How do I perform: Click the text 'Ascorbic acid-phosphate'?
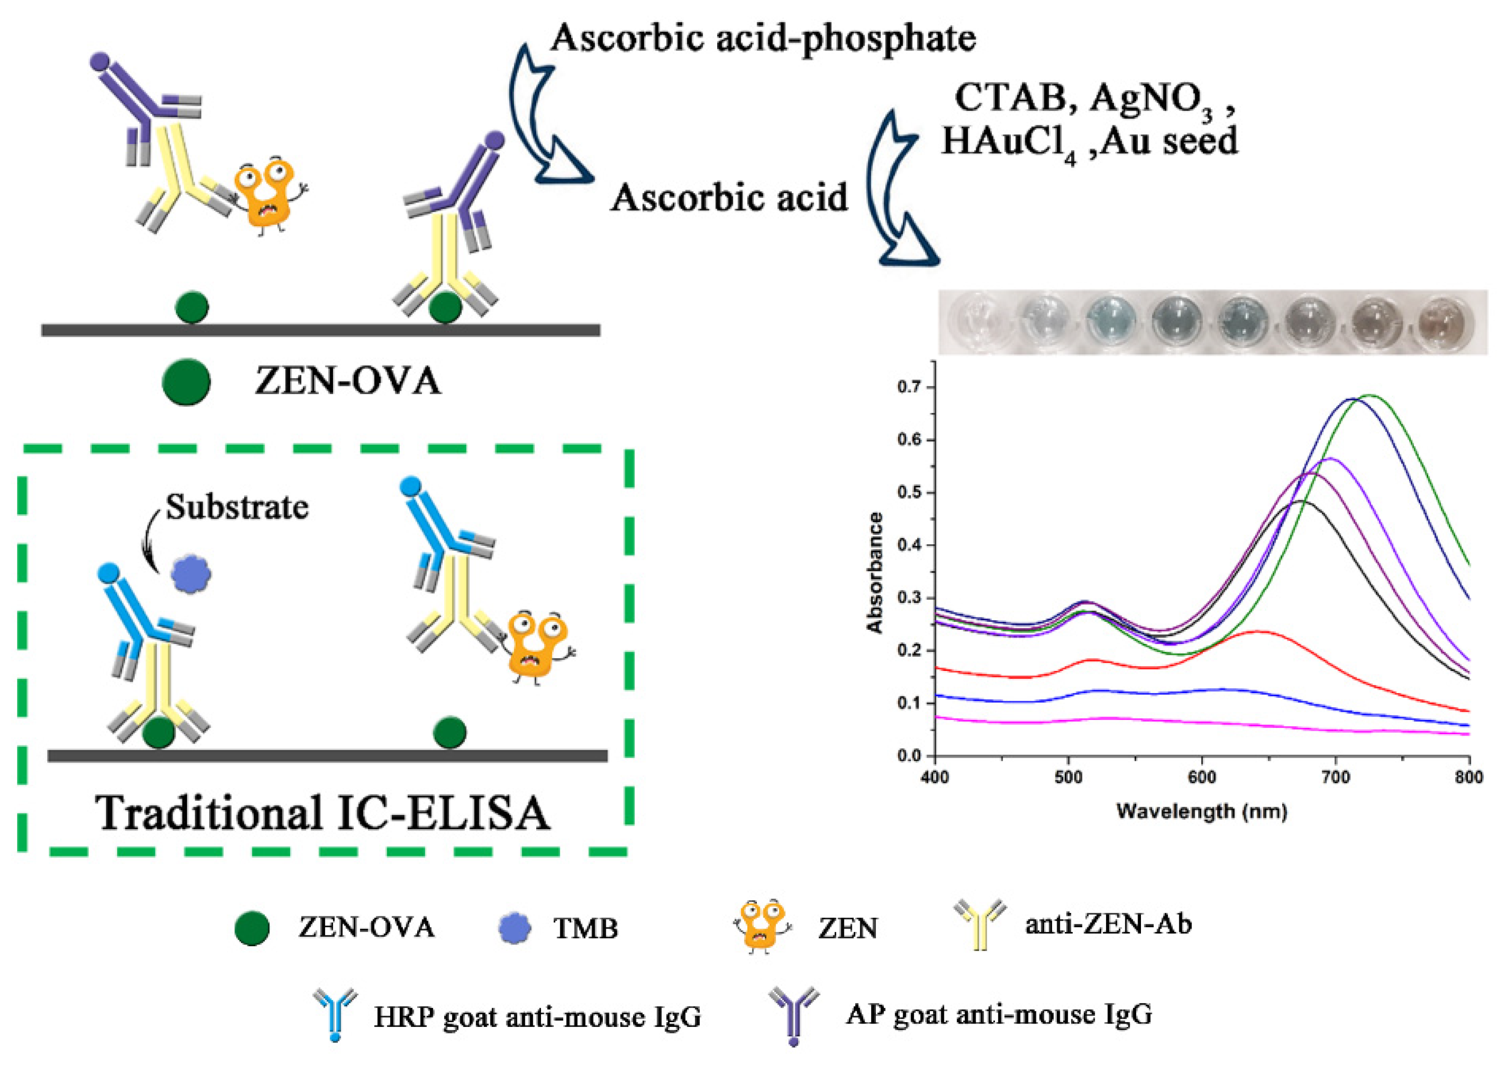pos(763,38)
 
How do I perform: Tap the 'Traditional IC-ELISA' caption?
pos(322,813)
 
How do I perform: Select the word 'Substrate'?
pos(237,507)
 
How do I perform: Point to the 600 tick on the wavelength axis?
pos(1201,777)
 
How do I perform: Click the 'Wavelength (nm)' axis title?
pos(1201,812)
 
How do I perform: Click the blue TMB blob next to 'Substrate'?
pos(190,575)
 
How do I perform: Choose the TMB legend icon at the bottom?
pos(514,928)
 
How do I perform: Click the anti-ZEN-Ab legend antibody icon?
pos(979,925)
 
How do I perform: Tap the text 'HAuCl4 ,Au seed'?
pos(1089,141)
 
